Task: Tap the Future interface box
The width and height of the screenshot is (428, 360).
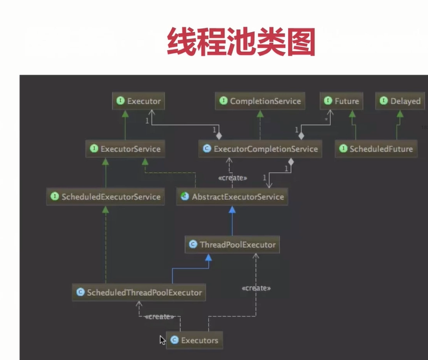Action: pos(342,101)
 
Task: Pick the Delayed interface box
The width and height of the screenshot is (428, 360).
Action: pos(400,101)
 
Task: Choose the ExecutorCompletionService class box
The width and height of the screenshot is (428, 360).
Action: pos(260,149)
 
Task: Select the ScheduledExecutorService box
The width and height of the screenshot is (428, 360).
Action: pos(106,197)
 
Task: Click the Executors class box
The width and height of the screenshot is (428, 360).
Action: pos(195,340)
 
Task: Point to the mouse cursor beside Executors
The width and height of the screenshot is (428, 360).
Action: pos(162,339)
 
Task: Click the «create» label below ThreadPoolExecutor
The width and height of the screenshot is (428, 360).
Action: pos(256,288)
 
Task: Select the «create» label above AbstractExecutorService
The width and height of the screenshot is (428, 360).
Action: pos(232,178)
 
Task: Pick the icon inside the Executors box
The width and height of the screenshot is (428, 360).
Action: pos(174,340)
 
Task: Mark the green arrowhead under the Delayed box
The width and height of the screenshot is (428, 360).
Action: pos(400,113)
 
